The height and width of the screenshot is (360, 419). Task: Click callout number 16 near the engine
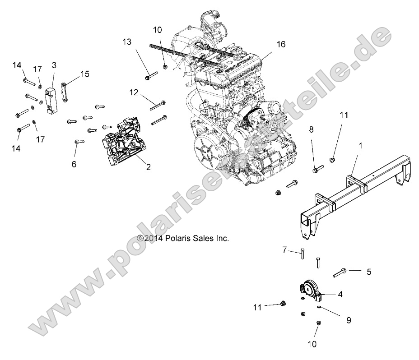[281, 44]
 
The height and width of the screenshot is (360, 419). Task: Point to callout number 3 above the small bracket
[54, 65]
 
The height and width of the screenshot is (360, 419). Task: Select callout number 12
[134, 93]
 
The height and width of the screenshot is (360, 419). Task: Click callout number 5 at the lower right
[369, 272]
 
